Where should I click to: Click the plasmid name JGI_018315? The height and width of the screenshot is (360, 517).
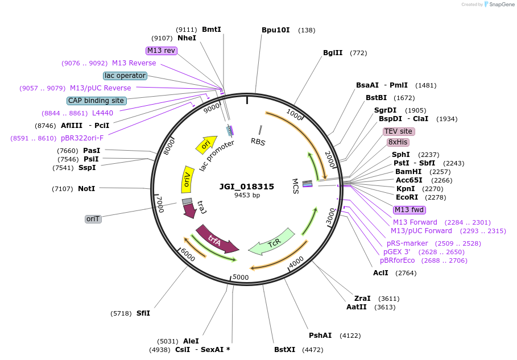(x=247, y=187)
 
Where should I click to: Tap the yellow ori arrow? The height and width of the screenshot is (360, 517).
(x=206, y=144)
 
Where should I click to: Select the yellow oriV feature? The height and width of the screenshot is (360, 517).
(x=187, y=179)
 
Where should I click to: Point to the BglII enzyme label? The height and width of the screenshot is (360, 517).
(x=333, y=53)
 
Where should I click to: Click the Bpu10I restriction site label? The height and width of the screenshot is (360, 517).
(x=276, y=30)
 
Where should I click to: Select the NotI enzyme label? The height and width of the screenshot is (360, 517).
(x=86, y=189)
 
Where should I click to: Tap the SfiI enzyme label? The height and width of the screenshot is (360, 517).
(x=143, y=313)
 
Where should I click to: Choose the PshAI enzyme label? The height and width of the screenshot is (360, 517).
(x=320, y=336)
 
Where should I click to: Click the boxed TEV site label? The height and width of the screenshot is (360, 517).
(x=399, y=131)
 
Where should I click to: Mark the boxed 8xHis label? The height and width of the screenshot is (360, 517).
(x=398, y=142)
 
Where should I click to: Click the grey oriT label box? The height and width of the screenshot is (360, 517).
(x=93, y=219)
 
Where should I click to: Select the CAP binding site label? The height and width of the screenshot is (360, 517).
(x=96, y=101)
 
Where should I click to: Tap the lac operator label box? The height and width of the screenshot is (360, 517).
(x=125, y=76)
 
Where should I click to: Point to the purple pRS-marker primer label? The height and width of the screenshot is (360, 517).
(x=407, y=243)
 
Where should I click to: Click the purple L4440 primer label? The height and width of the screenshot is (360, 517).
(x=102, y=113)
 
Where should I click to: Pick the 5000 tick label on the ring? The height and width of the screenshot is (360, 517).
(x=241, y=278)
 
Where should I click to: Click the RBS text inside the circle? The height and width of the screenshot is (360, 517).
(x=258, y=142)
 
